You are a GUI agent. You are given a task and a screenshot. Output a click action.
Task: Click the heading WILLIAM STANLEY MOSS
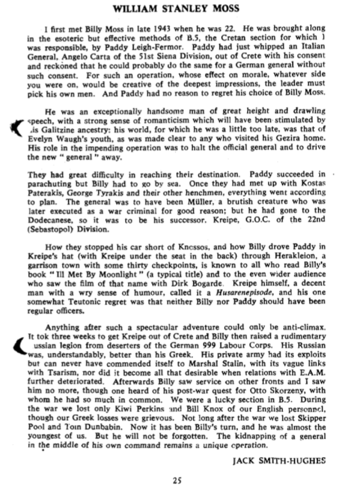click(x=179, y=9)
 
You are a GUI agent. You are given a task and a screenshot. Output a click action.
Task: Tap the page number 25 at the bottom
click(x=179, y=478)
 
